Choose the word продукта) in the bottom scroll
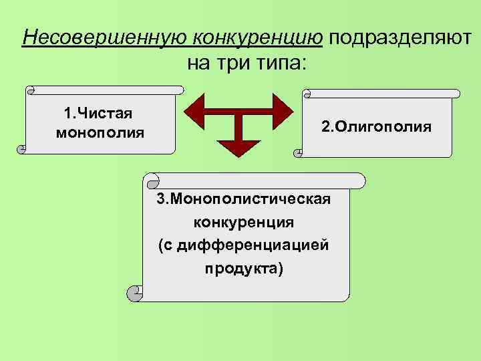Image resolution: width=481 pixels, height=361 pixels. (245, 268)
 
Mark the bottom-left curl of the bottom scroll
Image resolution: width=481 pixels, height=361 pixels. (134, 291)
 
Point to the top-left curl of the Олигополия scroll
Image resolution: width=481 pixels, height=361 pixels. (307, 94)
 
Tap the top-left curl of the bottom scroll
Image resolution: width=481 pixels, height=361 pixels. (153, 180)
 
